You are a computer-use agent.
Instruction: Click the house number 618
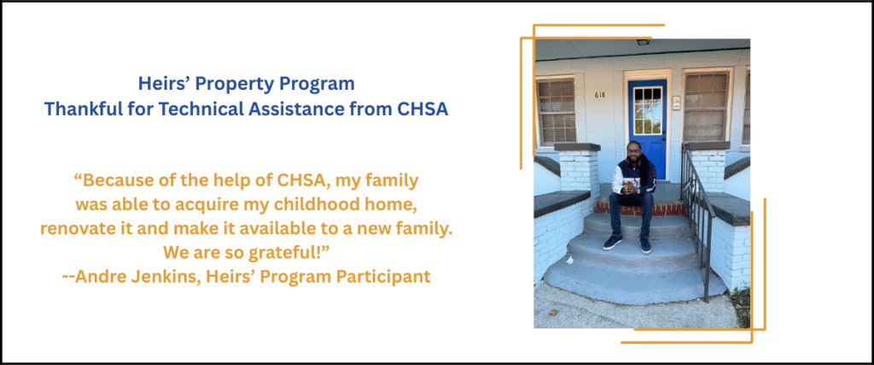600,95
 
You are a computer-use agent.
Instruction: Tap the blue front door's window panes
647,109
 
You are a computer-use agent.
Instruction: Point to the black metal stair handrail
696,212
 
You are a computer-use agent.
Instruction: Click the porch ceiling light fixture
644,42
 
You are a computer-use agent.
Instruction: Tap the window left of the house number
556,112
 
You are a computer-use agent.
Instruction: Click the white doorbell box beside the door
676,103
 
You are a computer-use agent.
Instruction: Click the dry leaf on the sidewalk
553,313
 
